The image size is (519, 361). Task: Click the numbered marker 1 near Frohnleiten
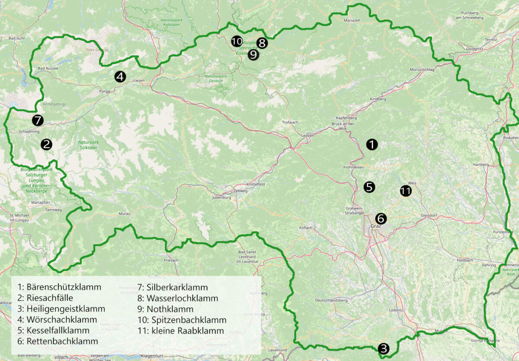[x=372, y=145]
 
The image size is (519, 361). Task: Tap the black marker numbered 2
[x=46, y=145]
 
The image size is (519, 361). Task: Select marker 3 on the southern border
[x=383, y=348]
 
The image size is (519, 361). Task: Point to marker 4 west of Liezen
[x=120, y=77]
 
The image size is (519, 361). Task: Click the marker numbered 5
[x=369, y=187]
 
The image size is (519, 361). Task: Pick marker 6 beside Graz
[x=381, y=218]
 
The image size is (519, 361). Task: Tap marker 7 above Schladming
[x=38, y=120]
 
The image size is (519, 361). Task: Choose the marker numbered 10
[x=237, y=42]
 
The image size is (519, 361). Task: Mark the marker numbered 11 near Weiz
[x=405, y=191]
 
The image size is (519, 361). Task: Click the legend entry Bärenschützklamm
[x=59, y=287]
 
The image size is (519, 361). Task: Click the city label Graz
[x=375, y=226]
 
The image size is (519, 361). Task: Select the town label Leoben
[x=308, y=135]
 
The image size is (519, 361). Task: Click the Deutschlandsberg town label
[x=331, y=300]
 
